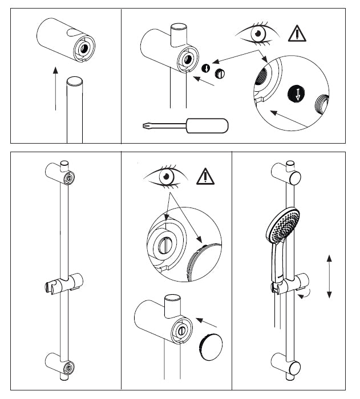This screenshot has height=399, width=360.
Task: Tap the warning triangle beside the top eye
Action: (297, 32)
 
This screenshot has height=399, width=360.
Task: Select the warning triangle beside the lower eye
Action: (205, 177)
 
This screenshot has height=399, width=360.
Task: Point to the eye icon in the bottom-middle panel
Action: (165, 177)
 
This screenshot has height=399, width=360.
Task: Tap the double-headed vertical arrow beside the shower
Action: (329, 276)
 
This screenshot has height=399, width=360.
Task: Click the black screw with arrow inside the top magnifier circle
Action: (296, 93)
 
